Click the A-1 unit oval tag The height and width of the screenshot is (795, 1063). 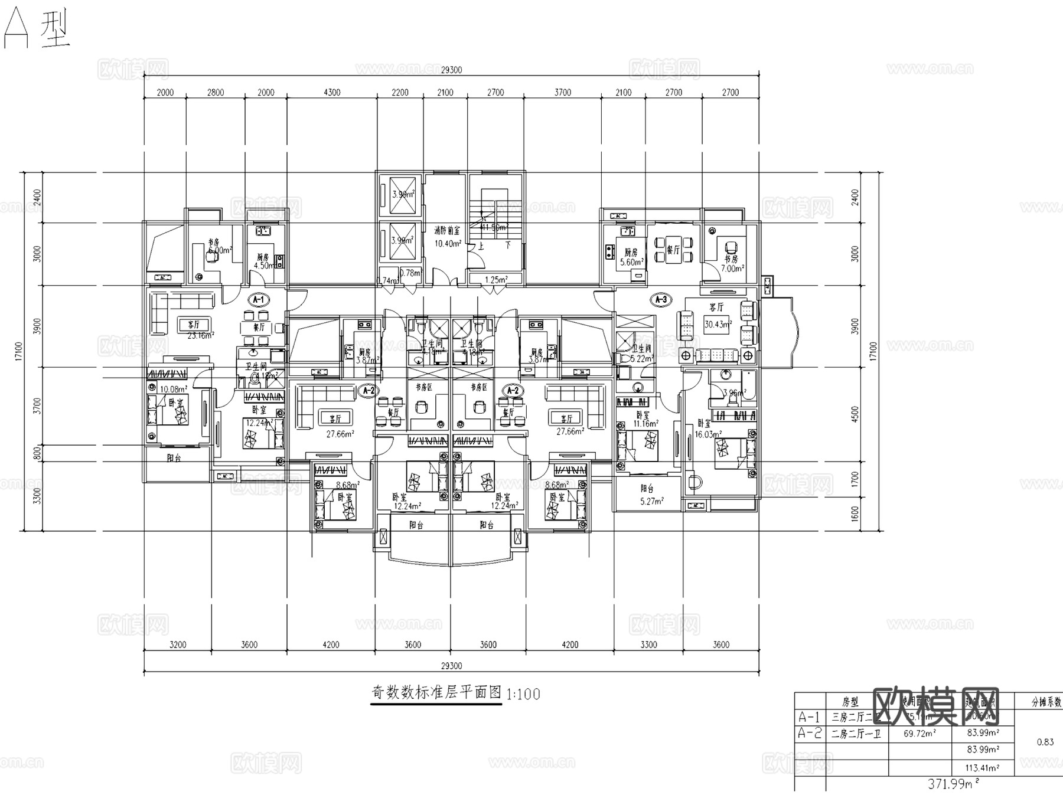[x=258, y=300]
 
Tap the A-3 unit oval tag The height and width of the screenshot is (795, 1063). [x=661, y=300]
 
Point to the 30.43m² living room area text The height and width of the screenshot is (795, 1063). [x=718, y=324]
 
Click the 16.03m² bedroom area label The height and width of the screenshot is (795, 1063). [x=708, y=434]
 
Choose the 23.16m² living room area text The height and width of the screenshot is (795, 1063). [x=200, y=336]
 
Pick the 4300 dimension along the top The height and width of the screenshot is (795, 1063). [x=332, y=92]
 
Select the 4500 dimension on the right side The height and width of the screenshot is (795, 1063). [x=855, y=414]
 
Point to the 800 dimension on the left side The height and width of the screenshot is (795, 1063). [x=37, y=453]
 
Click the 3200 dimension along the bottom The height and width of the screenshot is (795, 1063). [x=178, y=644]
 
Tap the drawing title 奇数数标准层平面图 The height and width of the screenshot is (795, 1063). [x=436, y=692]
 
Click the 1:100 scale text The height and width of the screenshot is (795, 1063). [x=523, y=694]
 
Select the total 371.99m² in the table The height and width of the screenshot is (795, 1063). [x=950, y=784]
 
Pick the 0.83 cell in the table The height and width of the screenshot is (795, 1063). [x=1045, y=742]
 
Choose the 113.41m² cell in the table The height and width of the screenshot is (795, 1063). [x=983, y=768]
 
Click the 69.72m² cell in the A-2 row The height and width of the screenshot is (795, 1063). [x=919, y=734]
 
